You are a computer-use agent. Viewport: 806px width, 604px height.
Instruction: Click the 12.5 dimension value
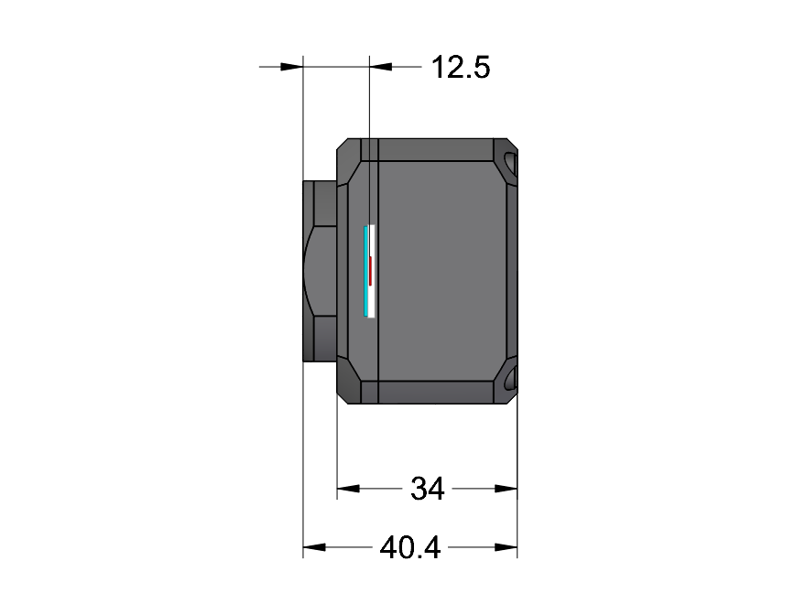pos(461,68)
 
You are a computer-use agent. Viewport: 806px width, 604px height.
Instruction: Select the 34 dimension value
pos(427,489)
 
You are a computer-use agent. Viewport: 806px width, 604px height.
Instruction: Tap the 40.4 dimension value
pos(410,547)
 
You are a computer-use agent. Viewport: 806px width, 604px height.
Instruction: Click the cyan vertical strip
pos(365,271)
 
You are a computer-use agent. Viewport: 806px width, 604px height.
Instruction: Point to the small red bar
pos(370,271)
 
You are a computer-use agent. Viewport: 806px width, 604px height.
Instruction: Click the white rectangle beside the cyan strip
pos(372,271)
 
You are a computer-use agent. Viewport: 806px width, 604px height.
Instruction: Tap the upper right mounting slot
pos(509,162)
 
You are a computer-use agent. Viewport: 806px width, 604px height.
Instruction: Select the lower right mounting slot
pos(509,379)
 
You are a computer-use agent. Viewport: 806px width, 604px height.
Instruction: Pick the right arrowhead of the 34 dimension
pos(506,489)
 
